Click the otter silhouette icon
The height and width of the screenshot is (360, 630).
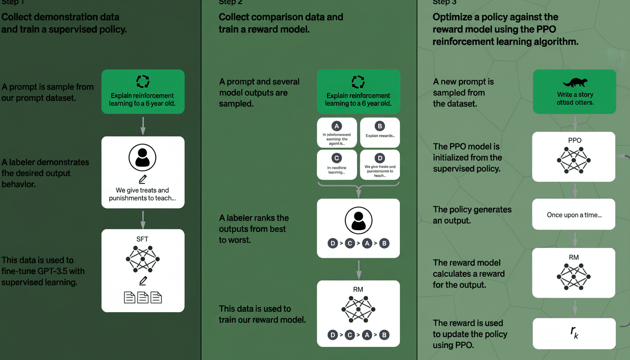point(575,82)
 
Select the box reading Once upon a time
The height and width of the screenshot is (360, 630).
point(574,215)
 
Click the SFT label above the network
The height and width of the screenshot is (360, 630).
point(142,239)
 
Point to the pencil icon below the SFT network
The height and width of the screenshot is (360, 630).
point(143,281)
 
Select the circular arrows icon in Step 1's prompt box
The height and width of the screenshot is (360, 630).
point(142,82)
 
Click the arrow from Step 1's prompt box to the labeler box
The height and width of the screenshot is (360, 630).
point(143,125)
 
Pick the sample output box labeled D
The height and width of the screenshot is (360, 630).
point(380,165)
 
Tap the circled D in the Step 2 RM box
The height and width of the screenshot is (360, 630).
point(333,335)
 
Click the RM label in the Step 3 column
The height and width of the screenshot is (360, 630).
point(574,257)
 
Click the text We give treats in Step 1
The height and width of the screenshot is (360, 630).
point(142,190)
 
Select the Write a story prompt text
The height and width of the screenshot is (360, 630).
point(575,98)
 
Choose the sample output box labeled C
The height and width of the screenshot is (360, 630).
point(337,165)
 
